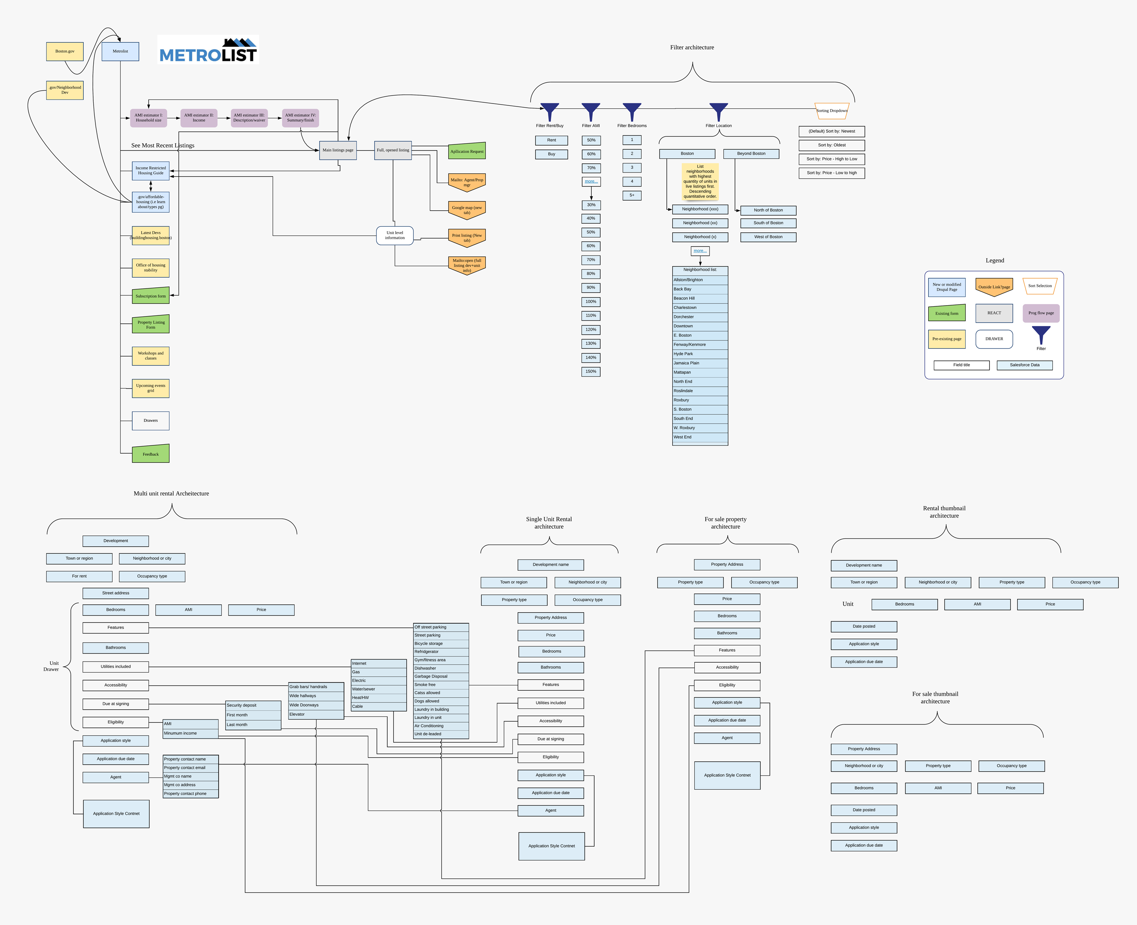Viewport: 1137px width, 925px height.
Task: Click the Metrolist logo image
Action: pos(208,50)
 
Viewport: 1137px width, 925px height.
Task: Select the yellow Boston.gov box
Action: pos(65,52)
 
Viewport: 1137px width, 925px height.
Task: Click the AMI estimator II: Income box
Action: pos(199,118)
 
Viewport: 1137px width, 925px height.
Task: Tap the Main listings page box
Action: pos(338,150)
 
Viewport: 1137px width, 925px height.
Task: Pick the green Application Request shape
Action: pos(467,151)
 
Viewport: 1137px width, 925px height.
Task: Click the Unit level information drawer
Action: pos(395,235)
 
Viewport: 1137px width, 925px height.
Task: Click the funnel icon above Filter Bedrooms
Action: pos(632,110)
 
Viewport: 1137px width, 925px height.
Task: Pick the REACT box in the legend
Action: pos(994,313)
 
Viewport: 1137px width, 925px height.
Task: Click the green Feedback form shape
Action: pos(151,455)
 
